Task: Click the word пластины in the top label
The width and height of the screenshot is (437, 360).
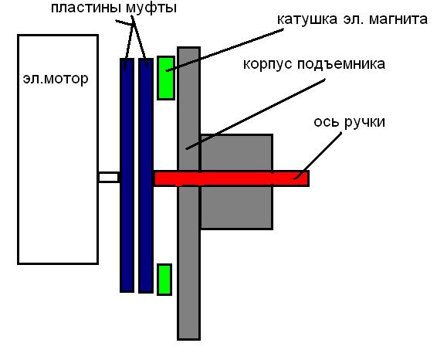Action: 87,8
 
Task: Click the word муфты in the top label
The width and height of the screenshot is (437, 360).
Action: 151,8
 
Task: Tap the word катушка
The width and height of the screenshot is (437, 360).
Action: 307,19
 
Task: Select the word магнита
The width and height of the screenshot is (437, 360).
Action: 398,19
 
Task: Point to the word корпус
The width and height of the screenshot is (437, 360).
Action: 268,64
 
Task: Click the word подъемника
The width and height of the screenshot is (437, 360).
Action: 341,64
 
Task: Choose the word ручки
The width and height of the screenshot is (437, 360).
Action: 364,122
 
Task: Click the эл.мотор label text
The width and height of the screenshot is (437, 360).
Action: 56,79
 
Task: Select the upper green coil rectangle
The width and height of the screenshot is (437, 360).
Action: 166,78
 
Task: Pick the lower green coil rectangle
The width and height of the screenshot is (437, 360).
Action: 164,280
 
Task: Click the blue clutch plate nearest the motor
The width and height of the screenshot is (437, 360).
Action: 127,175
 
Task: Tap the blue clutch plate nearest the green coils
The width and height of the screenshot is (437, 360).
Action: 146,175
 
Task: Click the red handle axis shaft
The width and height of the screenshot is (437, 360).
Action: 232,178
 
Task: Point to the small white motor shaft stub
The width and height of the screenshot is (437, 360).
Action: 109,178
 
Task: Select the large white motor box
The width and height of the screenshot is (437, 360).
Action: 58,149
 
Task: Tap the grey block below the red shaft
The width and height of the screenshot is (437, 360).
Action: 236,208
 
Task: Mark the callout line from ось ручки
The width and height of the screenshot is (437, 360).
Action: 318,155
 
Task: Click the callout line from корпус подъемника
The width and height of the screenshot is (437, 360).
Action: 256,114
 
